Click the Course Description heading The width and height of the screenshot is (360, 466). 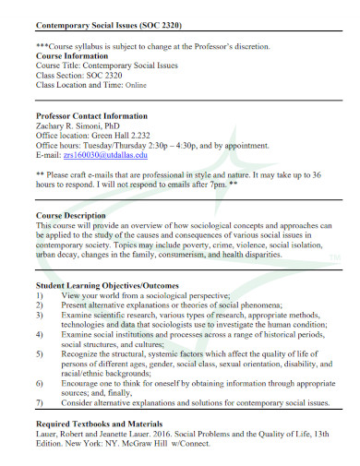[76, 215]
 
